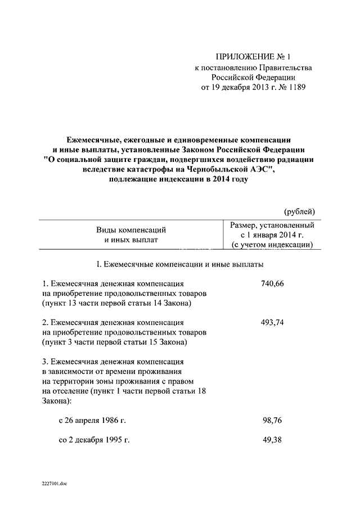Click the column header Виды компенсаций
pos(131,230)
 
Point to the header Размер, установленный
pos(272,225)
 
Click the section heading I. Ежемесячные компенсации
pos(179,264)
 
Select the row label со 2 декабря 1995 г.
pos(94,439)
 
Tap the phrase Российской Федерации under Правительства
pos(253,78)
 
